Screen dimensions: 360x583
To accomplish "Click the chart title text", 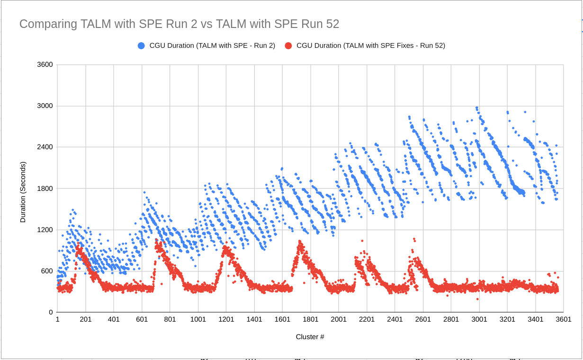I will (179, 24).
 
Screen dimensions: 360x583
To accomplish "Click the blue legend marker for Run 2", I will (141, 46).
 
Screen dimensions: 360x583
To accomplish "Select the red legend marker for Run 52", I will (288, 46).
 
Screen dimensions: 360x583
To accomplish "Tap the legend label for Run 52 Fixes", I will (370, 46).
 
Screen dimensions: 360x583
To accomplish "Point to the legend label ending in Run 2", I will (212, 46).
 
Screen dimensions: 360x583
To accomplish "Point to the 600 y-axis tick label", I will (47, 271).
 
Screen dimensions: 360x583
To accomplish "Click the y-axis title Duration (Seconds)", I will (23, 192).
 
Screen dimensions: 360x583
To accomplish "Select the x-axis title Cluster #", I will (310, 337).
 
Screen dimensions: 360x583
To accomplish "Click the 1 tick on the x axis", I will (57, 320).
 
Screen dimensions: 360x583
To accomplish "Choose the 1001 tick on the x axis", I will (198, 320).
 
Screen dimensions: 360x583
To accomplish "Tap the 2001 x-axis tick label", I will (339, 320).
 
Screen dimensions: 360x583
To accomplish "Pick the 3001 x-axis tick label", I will (479, 320).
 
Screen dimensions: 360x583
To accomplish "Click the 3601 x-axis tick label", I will (564, 320).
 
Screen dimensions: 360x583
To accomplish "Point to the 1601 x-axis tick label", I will (282, 320).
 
